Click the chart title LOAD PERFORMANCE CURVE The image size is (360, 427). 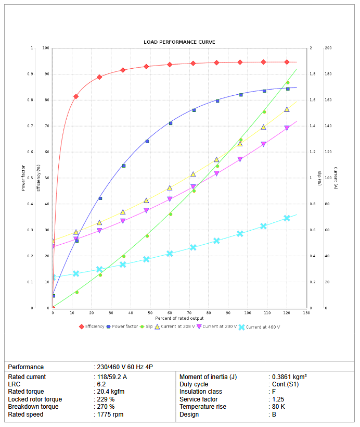point(179,42)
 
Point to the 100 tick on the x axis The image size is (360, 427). point(248,312)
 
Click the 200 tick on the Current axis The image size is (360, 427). point(328,48)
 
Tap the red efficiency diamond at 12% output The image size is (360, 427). point(76,96)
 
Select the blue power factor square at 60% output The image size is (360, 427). point(170,123)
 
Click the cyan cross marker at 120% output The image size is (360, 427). point(287,218)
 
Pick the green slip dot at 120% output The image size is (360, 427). point(288,83)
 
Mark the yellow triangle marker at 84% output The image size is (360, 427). point(216,159)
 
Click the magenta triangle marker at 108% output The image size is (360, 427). point(263,144)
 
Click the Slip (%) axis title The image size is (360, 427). point(319,178)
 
